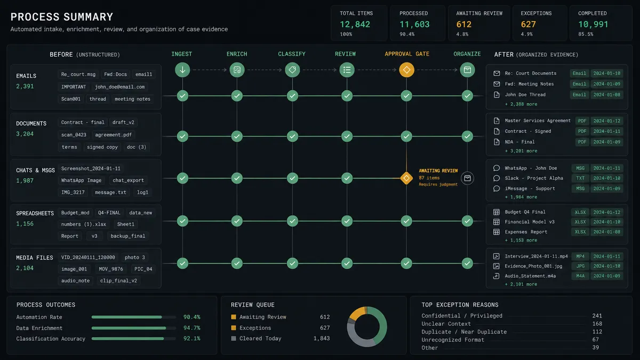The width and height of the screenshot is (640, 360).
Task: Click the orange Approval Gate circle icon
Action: [x=406, y=70]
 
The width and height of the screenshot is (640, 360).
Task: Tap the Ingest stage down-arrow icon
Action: [x=182, y=70]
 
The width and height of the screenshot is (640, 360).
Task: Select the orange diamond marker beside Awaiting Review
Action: [x=406, y=178]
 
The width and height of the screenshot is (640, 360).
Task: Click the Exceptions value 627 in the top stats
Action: [x=528, y=25]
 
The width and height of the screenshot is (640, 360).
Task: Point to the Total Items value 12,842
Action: [x=355, y=25]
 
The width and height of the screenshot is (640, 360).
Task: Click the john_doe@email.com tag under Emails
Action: [x=119, y=87]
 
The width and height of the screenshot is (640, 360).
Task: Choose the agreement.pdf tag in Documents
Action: [x=114, y=135]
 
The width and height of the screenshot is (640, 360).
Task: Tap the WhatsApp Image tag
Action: [x=81, y=180]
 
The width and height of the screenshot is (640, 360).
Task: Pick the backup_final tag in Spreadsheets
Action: [x=127, y=236]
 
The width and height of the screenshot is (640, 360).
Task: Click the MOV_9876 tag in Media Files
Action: [x=111, y=269]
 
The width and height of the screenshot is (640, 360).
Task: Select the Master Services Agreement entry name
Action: [x=538, y=121]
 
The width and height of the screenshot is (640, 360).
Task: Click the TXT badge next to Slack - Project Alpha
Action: [x=580, y=178]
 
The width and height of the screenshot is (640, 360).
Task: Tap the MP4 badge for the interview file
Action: [x=580, y=257]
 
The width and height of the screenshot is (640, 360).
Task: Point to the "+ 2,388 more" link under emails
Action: [x=521, y=105]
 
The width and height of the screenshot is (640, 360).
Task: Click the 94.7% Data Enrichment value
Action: [x=191, y=327]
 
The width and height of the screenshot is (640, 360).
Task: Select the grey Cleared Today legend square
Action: [x=234, y=339]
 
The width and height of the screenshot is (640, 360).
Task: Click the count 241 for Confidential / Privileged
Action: [x=597, y=316]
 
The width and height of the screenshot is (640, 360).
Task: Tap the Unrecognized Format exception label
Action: [x=453, y=340]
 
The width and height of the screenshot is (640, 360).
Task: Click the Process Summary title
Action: [x=62, y=17]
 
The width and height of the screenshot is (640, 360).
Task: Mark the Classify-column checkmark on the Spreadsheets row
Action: [x=292, y=221]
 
